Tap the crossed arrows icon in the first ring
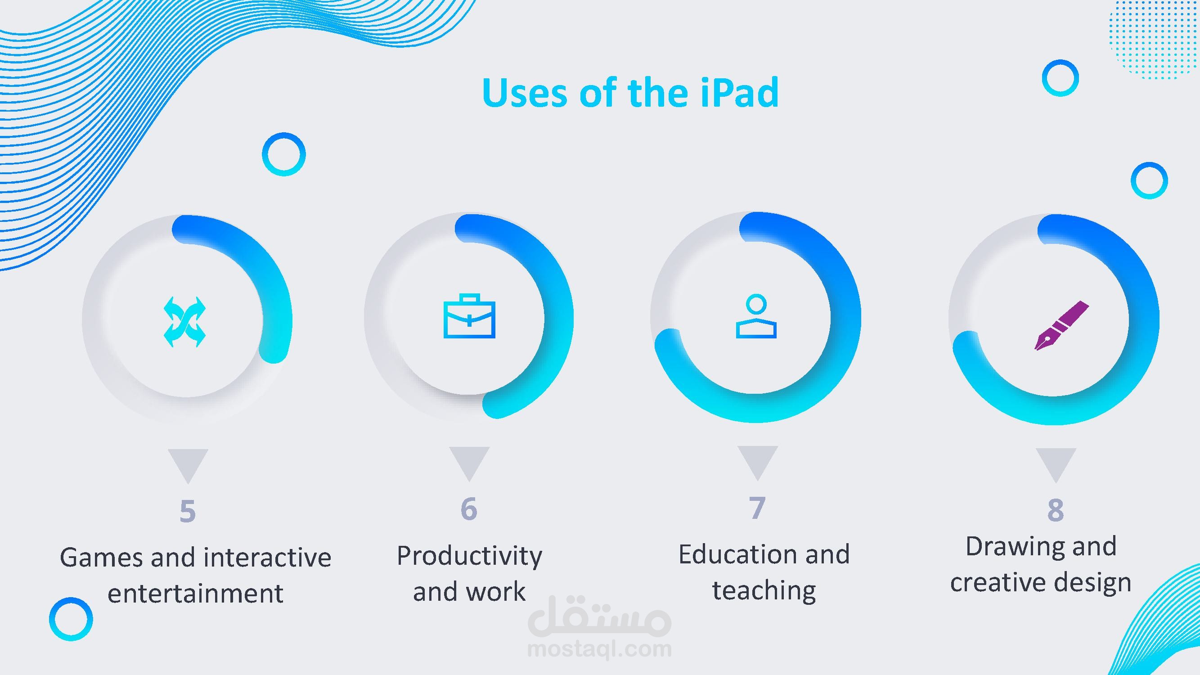pyautogui.click(x=184, y=321)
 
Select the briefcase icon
pyautogui.click(x=469, y=316)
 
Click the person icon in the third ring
pyautogui.click(x=756, y=316)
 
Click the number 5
pyautogui.click(x=188, y=512)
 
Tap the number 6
pyautogui.click(x=469, y=508)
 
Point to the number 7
pyautogui.click(x=757, y=508)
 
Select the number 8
pyautogui.click(x=1056, y=510)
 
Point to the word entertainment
pyautogui.click(x=195, y=594)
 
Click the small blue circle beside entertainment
pyautogui.click(x=71, y=619)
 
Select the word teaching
pyautogui.click(x=764, y=591)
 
